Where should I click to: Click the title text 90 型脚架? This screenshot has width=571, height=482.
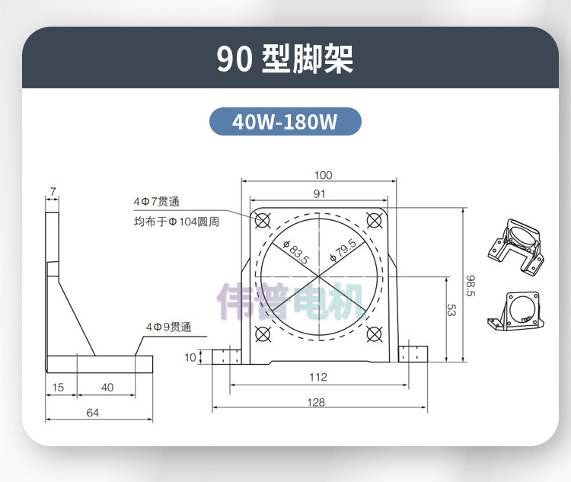click(285, 59)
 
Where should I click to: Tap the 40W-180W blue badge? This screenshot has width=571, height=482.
click(285, 121)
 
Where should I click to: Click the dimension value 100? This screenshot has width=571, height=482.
click(323, 175)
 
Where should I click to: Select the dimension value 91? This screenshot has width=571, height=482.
click(319, 194)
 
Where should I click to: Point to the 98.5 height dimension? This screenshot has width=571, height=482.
click(471, 286)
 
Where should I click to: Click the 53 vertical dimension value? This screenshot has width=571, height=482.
click(451, 310)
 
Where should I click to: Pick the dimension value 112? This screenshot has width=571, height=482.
click(318, 377)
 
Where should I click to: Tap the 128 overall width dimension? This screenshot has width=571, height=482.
click(316, 402)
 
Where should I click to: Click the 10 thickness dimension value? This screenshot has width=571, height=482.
click(190, 357)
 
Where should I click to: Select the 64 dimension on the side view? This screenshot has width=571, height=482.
click(92, 413)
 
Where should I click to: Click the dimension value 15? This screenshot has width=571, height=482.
click(58, 388)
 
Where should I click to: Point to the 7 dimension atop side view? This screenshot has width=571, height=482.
click(53, 192)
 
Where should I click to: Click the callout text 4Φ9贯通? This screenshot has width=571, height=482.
click(168, 327)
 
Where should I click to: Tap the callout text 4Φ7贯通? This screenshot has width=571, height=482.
click(157, 202)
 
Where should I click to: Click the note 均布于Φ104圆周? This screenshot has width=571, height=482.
click(177, 222)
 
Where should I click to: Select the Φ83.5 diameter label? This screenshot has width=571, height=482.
click(296, 251)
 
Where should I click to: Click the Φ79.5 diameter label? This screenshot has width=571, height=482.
click(343, 251)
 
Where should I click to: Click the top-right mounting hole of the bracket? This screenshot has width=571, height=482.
click(375, 221)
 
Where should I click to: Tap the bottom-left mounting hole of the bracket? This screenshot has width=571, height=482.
click(263, 334)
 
